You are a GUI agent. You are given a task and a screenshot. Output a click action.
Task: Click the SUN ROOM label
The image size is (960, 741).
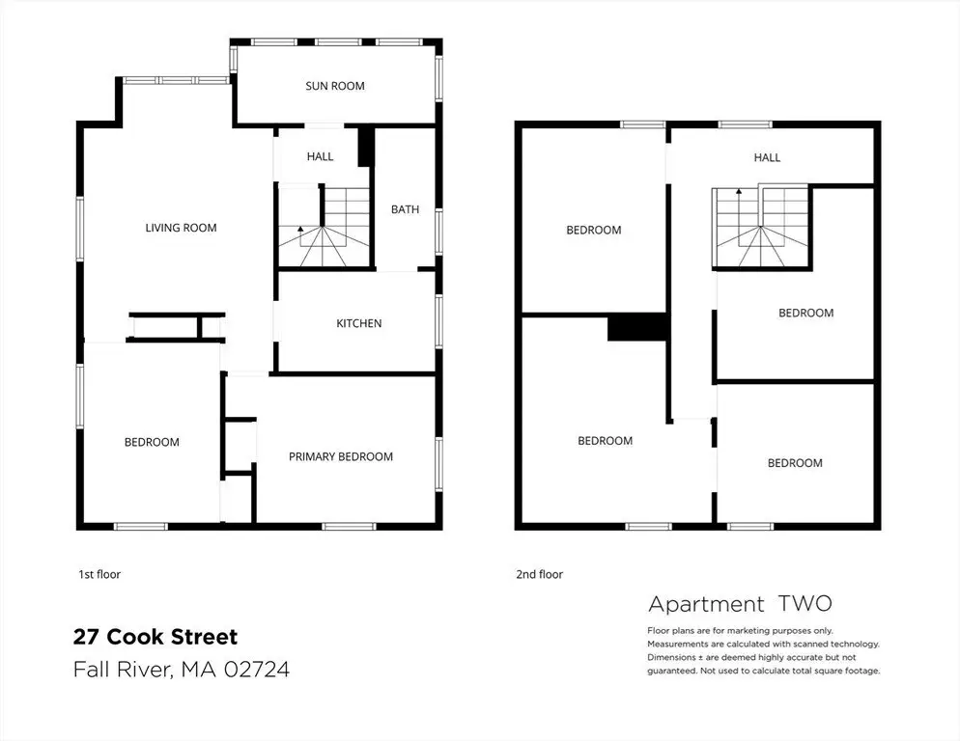point(335,86)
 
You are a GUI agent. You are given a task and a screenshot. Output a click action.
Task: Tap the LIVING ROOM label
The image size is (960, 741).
point(181,228)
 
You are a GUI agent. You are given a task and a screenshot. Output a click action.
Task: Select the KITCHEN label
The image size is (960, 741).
point(358,323)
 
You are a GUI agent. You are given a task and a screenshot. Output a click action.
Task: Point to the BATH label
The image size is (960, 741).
point(406,209)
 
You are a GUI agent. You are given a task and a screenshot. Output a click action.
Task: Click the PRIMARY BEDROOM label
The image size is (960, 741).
point(340,456)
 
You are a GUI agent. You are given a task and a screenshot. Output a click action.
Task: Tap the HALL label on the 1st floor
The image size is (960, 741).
point(321,156)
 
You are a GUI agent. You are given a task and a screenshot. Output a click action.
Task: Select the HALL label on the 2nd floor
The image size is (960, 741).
point(767,157)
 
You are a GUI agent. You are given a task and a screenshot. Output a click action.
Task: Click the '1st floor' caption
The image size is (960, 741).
point(99,574)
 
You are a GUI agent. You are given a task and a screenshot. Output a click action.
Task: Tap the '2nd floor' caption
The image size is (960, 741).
point(539,574)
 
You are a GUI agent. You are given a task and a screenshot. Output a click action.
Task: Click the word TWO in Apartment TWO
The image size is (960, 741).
point(805,604)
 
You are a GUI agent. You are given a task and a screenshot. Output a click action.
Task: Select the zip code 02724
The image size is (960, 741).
point(257,669)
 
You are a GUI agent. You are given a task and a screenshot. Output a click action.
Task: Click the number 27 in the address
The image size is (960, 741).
point(86,637)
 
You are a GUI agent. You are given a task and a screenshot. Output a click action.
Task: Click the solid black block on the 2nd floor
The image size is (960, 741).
point(636,327)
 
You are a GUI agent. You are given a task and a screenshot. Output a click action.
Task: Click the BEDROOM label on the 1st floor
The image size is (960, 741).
point(152,442)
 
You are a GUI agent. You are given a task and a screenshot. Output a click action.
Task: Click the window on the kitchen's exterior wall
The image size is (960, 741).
point(439,321)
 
